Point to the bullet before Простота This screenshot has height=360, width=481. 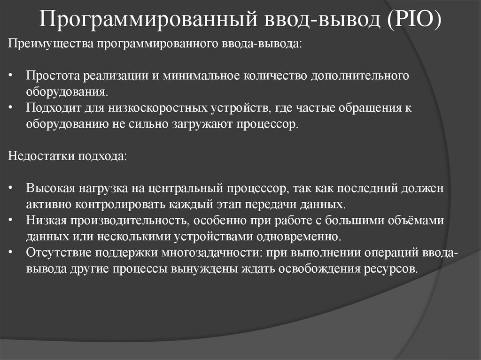(x=11, y=76)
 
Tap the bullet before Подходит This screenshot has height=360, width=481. (x=11, y=108)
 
